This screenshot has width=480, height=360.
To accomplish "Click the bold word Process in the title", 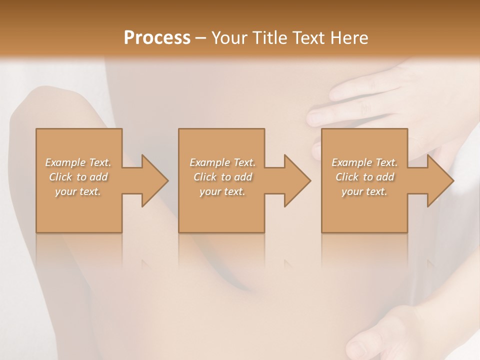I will coord(157,38).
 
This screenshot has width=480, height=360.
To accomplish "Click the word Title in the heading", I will coord(265,38).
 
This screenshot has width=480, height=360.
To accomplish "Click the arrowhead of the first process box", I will coord(154,180).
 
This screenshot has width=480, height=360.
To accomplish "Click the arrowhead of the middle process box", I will coord(297,180).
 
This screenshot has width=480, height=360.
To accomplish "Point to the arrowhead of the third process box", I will coord(440,180).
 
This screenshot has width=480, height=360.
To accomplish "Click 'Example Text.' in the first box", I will coord(78,162).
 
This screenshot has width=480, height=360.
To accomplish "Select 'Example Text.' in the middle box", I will coord(222,162).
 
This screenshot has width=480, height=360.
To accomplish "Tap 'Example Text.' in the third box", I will coord(364,162).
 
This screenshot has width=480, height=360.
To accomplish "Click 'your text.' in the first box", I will coord(78,191).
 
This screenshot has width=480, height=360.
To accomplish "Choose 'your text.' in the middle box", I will coord(222,191).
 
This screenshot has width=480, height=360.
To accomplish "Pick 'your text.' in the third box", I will coord(364,191).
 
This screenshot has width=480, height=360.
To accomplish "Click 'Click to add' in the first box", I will coord(78,177).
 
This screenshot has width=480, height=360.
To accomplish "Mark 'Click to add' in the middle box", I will coord(222,177).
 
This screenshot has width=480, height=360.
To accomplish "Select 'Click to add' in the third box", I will coord(364,177).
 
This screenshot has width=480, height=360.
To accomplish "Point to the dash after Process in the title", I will coord(201,38).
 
